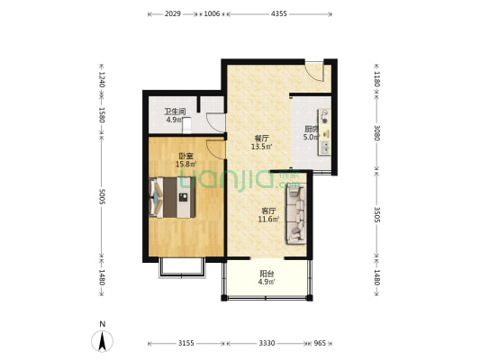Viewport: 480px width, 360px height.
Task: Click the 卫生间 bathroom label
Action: coord(175,112)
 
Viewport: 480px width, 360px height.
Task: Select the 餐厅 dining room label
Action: coord(262,139)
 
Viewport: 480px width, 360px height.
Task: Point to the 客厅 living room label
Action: coord(268,211)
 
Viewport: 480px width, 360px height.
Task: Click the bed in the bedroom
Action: coord(172,197)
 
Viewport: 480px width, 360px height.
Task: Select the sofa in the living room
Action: coord(296,214)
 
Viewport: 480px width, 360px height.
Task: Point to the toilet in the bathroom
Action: coord(186,125)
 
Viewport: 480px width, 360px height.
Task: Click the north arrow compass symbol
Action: coord(103,340)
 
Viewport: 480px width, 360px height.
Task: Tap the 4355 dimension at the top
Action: coord(279,13)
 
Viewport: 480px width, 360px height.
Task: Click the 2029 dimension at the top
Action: coord(173,13)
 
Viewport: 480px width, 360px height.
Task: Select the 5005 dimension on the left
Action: coord(102,196)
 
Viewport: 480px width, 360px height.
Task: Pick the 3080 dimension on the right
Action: coord(376,132)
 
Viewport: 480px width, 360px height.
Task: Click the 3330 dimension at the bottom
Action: coord(267,343)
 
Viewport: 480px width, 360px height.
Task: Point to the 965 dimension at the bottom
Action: coord(320,343)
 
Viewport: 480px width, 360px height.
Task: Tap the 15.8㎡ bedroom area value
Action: coord(186,164)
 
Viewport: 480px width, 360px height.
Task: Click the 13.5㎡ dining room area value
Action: coord(262,147)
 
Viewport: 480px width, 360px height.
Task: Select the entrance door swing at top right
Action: coord(314,72)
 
